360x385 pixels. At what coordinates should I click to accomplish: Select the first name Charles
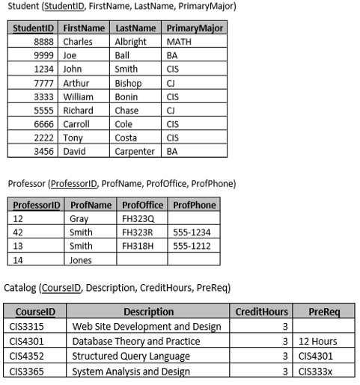78,42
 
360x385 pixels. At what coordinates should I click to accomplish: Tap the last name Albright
131,42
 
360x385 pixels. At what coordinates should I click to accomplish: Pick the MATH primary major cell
180,42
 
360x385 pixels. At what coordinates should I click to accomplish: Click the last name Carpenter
134,151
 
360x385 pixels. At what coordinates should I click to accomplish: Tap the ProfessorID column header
35,205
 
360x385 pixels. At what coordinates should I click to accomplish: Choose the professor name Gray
79,219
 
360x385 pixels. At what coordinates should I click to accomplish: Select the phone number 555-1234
192,232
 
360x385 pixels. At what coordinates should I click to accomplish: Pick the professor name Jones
80,260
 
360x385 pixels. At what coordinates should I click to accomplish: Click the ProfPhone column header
194,205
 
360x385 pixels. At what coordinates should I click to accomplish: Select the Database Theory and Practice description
136,341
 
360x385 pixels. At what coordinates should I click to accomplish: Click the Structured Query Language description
131,356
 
